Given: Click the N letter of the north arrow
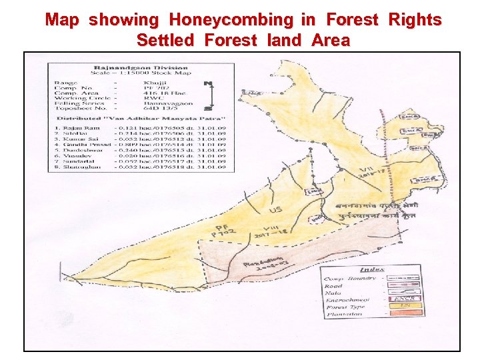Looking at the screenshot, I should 208,84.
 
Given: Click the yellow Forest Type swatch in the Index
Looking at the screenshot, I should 404,306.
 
